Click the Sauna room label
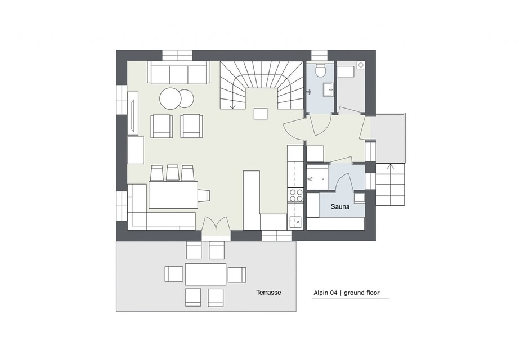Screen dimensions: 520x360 click(340, 207)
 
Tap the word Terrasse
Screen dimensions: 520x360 click(268, 292)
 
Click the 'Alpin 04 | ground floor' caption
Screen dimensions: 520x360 click(347, 292)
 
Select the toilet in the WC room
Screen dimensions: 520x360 click(321, 70)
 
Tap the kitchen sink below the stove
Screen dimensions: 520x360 click(295, 220)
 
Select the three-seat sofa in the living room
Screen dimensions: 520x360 click(179, 72)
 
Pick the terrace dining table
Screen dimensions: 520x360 click(205, 274)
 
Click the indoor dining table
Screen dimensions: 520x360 click(173, 195)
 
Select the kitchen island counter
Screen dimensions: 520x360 click(252, 200)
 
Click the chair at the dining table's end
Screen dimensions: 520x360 click(204, 195)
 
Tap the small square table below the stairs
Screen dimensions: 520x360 click(261, 114)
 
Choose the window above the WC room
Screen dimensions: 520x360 click(319, 55)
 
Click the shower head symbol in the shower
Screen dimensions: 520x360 click(310, 179)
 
